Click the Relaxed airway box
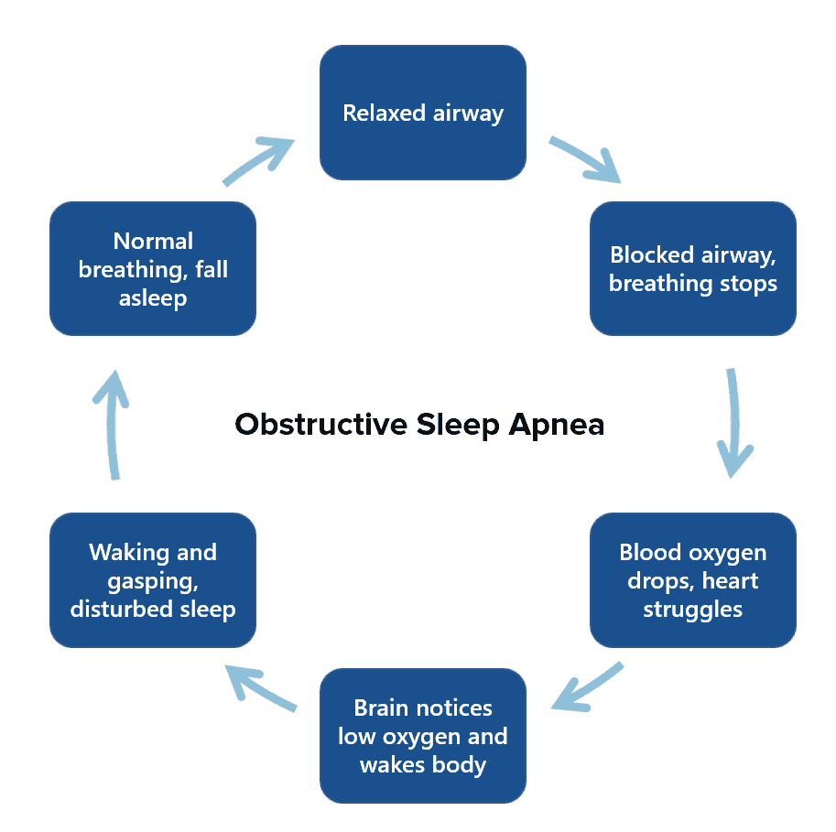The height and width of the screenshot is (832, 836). coord(422,113)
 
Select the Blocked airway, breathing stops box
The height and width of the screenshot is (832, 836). coord(692,268)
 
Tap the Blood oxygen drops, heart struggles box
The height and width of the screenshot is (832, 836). coord(692,580)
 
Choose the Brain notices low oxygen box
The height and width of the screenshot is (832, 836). coord(422,736)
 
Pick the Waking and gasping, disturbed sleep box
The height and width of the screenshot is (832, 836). coord(152,580)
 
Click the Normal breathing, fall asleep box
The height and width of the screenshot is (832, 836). coord(152,268)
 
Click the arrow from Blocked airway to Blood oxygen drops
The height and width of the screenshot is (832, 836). coord(733,423)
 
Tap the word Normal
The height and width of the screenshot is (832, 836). coord(153,241)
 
